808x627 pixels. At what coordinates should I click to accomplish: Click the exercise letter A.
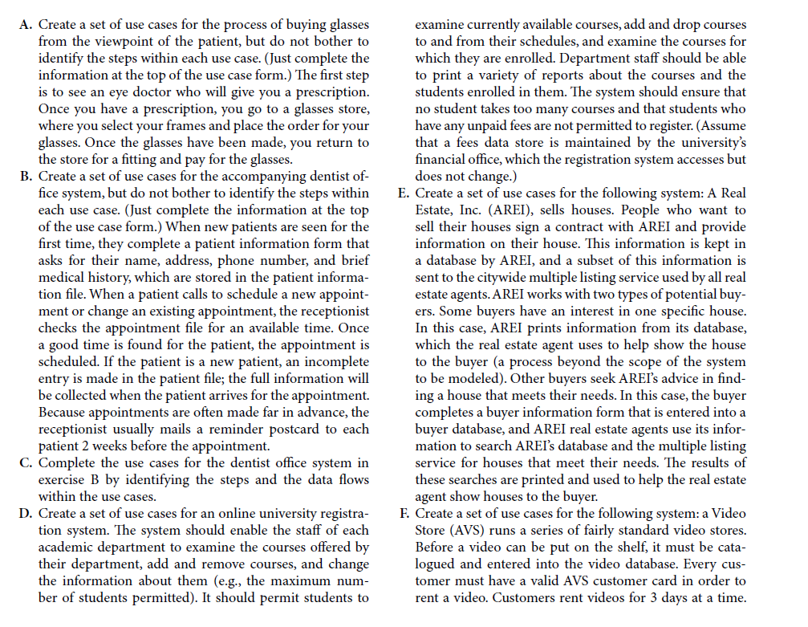24,25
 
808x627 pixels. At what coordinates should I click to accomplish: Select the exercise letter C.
23,463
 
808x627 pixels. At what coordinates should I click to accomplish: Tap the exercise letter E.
402,193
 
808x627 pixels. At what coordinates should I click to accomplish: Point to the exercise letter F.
402,514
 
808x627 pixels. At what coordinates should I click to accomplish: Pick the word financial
450,160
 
